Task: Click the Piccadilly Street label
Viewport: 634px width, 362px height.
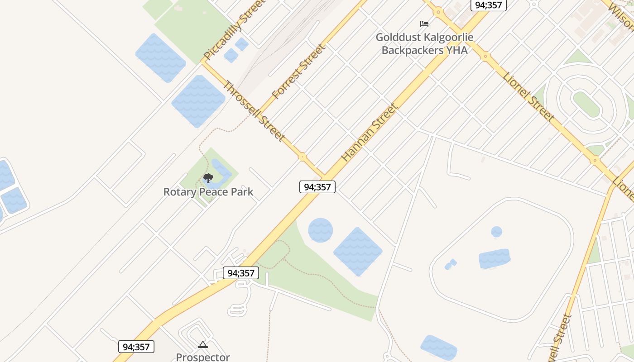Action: point(234,29)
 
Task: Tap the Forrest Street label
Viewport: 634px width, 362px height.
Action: point(298,71)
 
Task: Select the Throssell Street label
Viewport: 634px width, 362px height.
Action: point(254,111)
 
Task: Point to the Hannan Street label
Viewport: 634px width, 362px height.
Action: point(370,133)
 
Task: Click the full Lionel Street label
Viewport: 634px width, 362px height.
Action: point(528,96)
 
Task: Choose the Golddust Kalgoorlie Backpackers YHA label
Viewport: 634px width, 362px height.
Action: point(424,44)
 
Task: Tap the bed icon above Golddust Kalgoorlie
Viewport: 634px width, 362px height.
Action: point(424,24)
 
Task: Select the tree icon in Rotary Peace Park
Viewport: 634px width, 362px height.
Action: point(208,178)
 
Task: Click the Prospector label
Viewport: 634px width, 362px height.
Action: point(203,357)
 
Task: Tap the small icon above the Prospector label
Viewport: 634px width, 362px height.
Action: point(203,345)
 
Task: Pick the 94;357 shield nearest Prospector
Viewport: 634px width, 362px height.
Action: point(136,347)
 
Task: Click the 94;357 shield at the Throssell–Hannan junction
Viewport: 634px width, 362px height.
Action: point(317,187)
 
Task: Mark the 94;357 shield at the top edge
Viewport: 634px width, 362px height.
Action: point(488,5)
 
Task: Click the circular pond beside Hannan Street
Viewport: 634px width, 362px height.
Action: point(321,230)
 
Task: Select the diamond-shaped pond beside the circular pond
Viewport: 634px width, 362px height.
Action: point(358,252)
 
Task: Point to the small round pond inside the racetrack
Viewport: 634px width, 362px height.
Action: point(497,232)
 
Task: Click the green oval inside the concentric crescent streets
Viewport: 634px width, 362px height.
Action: point(586,104)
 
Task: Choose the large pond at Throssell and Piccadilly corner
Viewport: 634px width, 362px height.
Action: point(198,101)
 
